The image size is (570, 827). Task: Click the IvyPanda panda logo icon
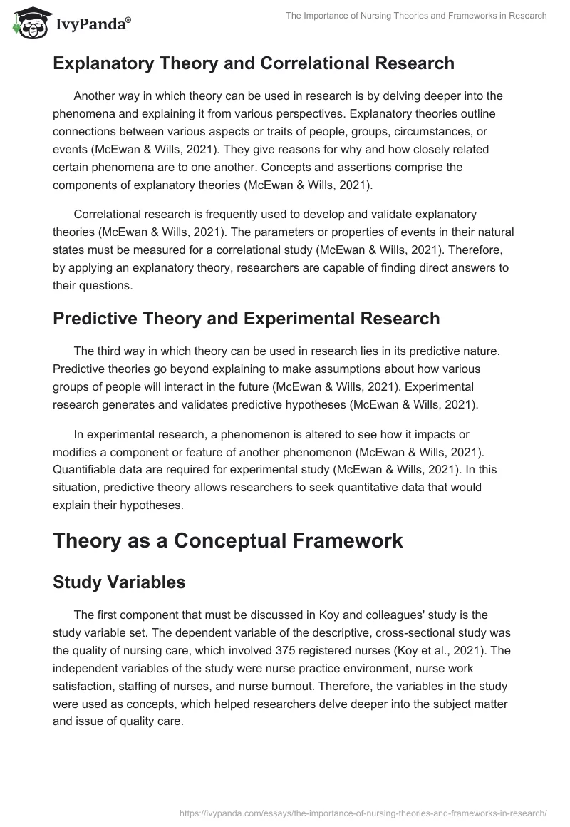pos(29,24)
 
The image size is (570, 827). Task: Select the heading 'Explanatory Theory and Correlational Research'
pos(254,63)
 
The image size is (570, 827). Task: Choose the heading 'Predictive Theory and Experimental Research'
pos(246,319)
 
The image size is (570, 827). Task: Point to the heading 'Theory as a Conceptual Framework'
pos(228,540)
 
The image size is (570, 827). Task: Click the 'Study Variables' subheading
pos(119,582)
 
